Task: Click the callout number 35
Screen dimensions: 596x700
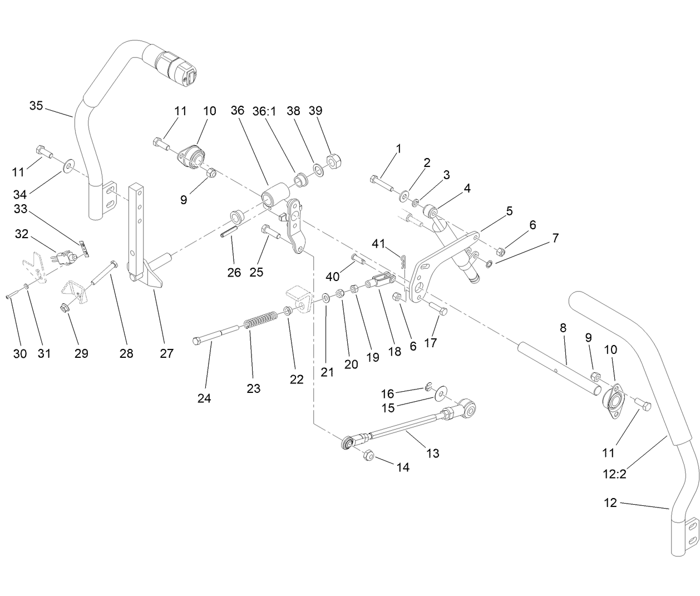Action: pyautogui.click(x=36, y=105)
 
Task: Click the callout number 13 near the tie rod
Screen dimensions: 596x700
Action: pyautogui.click(x=432, y=453)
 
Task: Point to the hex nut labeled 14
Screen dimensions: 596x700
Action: pyautogui.click(x=367, y=455)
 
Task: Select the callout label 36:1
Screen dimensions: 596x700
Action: pyautogui.click(x=264, y=111)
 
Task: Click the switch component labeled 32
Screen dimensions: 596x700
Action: pyautogui.click(x=62, y=258)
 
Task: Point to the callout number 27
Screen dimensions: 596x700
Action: pyautogui.click(x=166, y=353)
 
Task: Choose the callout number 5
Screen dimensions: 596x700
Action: pyautogui.click(x=509, y=211)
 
